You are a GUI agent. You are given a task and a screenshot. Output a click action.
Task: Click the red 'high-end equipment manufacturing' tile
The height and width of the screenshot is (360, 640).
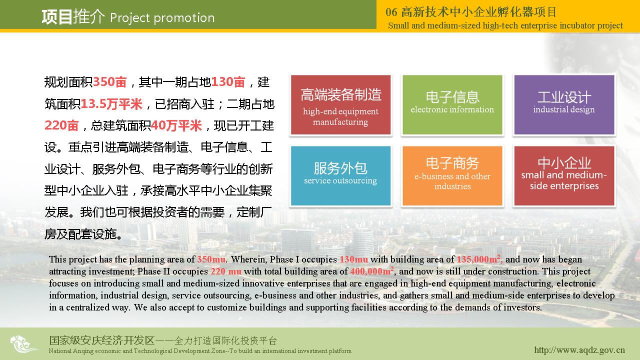pyautogui.click(x=340, y=105)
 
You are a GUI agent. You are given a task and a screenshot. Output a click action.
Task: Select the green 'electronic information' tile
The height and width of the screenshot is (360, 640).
pyautogui.click(x=452, y=105)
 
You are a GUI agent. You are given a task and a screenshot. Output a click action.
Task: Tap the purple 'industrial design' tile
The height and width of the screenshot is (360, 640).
pyautogui.click(x=564, y=105)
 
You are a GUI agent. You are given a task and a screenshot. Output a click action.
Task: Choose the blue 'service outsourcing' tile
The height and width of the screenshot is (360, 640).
pyautogui.click(x=340, y=175)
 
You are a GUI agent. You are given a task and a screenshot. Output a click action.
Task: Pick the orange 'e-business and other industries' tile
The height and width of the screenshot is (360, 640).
pyautogui.click(x=452, y=175)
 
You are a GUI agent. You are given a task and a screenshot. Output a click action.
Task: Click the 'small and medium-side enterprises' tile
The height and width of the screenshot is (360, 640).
pyautogui.click(x=564, y=175)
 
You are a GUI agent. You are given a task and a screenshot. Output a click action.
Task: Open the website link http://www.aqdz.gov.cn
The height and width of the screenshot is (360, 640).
pyautogui.click(x=579, y=350)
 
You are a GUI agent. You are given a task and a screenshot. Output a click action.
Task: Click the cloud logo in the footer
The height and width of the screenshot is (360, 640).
pyautogui.click(x=23, y=344)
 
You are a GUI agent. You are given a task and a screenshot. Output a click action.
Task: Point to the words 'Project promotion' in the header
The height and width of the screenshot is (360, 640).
pyautogui.click(x=162, y=18)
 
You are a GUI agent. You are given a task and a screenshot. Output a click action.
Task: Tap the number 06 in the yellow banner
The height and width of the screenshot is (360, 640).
pyautogui.click(x=391, y=12)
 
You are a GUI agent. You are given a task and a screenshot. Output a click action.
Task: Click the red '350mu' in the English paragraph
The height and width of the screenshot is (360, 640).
pyautogui.click(x=211, y=259)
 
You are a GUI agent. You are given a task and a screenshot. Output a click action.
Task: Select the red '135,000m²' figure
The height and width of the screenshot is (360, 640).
pyautogui.click(x=479, y=259)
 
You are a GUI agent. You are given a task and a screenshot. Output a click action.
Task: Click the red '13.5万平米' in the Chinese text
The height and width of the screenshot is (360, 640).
pyautogui.click(x=111, y=104)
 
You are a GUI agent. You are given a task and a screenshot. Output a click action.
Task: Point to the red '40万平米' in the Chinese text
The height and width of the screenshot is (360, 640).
pyautogui.click(x=176, y=125)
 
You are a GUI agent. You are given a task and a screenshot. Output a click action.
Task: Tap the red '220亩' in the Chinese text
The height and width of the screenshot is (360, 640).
pyautogui.click(x=61, y=125)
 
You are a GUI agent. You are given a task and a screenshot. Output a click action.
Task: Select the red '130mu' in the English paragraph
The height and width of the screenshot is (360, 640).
pyautogui.click(x=353, y=259)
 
